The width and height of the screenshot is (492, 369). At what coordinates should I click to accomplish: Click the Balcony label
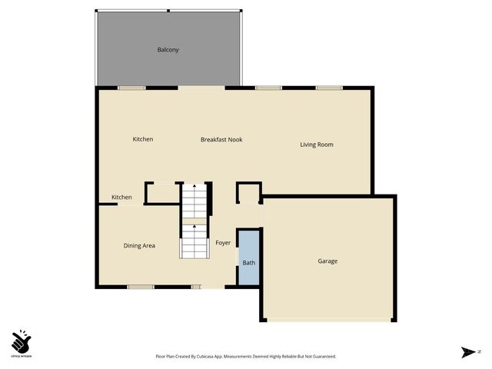click(x=168, y=50)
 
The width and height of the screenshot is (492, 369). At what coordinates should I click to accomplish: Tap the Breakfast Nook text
click(x=221, y=140)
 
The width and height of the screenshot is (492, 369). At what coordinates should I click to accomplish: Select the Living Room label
click(x=316, y=145)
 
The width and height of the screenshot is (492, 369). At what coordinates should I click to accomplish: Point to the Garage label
click(x=327, y=261)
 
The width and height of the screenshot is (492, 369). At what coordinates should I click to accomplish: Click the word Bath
click(x=248, y=263)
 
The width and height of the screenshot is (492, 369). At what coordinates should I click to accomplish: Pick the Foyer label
click(x=223, y=243)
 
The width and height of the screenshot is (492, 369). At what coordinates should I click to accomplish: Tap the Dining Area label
click(x=139, y=246)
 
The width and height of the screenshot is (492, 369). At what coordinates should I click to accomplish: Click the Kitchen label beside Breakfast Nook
click(x=143, y=139)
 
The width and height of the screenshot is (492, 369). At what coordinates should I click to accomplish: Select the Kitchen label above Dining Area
click(x=121, y=198)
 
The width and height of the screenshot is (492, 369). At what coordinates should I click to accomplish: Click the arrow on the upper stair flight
click(x=194, y=187)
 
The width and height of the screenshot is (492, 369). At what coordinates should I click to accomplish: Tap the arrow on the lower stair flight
click(x=194, y=227)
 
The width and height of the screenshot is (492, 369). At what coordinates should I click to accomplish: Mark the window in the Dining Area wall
click(x=140, y=288)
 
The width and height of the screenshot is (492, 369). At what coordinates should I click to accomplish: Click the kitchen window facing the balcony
click(x=131, y=88)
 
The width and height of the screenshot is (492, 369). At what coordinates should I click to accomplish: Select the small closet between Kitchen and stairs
click(x=162, y=193)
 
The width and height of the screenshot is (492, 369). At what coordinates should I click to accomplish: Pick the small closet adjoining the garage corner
click(x=248, y=192)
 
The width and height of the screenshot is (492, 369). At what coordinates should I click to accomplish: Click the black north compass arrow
click(x=467, y=352)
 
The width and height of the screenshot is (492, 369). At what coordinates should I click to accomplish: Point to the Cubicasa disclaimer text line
click(x=245, y=357)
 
